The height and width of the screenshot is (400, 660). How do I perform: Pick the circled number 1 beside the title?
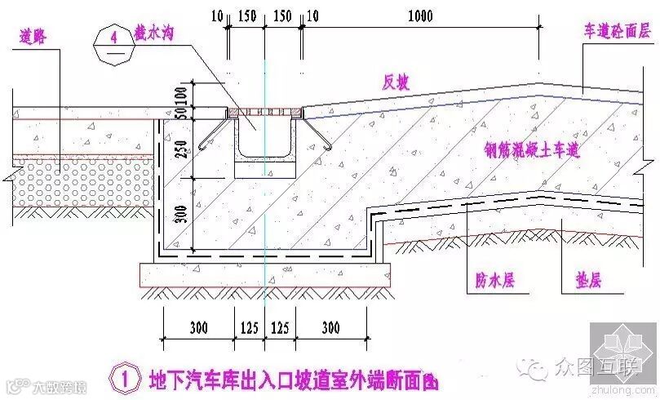125,380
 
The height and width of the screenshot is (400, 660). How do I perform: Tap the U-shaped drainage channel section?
255,147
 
